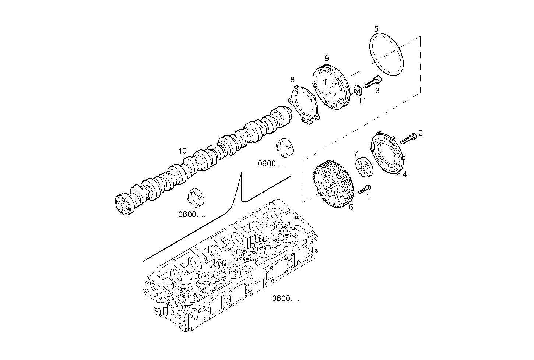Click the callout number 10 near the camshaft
(x=182, y=151)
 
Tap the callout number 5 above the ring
(x=376, y=28)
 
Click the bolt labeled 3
(x=373, y=82)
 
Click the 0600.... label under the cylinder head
(x=285, y=299)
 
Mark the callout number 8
(x=292, y=80)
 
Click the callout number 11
(x=362, y=100)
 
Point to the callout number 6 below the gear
(x=351, y=207)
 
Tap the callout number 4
(x=405, y=174)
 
